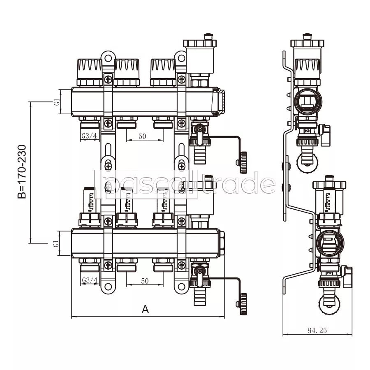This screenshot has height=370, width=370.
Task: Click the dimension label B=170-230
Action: coord(22,172)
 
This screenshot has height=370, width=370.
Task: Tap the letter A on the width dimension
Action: coord(146,309)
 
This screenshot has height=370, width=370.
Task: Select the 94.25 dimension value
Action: coord(317,331)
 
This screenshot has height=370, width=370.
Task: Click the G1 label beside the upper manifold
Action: coord(57,102)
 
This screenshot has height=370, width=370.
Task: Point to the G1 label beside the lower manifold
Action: coord(55,243)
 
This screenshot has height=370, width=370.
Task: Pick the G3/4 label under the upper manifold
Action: coord(89,136)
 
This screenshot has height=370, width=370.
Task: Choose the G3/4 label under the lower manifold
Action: coord(90,280)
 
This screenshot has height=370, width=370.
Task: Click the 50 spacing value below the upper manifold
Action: coord(142,136)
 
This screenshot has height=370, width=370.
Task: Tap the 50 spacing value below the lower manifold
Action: coord(145,281)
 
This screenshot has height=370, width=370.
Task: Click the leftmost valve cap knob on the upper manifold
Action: coord(90,72)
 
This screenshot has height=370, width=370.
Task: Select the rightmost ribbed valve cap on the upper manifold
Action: coord(163,72)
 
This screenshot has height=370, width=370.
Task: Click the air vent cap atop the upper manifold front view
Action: coord(200,44)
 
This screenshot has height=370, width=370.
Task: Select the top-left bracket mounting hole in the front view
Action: coord(108,58)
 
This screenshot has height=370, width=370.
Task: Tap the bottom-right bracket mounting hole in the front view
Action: coord(181,287)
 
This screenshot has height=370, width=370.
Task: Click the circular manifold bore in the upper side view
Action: coord(308,102)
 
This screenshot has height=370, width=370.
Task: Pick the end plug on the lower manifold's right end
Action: coord(222,243)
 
